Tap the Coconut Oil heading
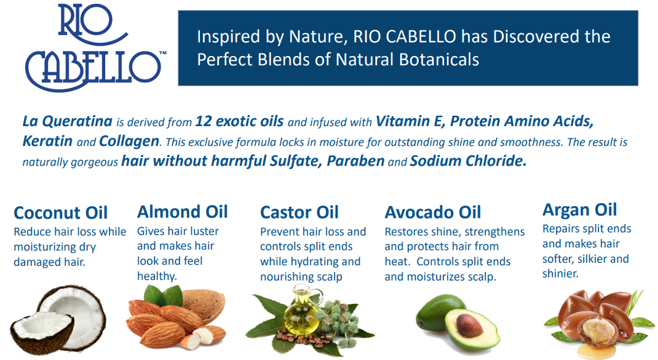(60, 212)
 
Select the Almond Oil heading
(182, 212)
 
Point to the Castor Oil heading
(299, 212)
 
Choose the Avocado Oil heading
(433, 212)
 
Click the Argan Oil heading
(579, 210)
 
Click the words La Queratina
(67, 121)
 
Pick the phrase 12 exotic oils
(240, 121)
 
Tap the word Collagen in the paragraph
(129, 142)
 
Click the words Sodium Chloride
(468, 161)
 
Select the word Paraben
(355, 161)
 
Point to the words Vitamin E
(410, 121)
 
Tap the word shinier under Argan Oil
(560, 274)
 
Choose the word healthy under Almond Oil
(157, 276)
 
